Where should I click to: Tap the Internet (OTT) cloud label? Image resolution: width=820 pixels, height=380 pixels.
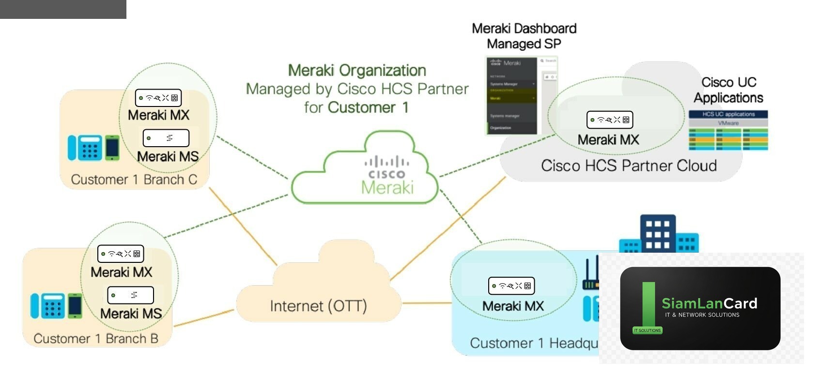[x=318, y=306]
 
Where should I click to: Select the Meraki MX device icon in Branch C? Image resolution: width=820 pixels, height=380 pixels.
[x=158, y=98]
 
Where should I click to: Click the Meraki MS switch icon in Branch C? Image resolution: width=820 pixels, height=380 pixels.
[x=166, y=138]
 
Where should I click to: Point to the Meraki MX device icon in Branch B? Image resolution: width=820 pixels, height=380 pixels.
[x=121, y=254]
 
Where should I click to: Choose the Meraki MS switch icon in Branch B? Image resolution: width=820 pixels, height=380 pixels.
[x=130, y=295]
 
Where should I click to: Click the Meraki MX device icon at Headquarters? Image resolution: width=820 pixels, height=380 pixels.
[x=511, y=286]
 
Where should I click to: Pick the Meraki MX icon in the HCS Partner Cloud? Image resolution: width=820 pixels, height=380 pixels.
[x=609, y=120]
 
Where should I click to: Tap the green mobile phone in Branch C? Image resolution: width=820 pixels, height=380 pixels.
[x=112, y=147]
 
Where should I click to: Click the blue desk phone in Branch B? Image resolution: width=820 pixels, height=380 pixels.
[x=52, y=306]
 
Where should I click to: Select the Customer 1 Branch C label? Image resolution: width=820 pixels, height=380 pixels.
[x=134, y=180]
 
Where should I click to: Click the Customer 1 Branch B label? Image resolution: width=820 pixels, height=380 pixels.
[x=96, y=338]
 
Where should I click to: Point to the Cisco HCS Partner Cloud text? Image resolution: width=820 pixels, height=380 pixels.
[x=629, y=166]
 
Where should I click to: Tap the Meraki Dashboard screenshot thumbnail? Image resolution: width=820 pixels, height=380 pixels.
[x=521, y=95]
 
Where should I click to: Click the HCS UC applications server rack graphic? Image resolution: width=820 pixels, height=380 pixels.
[x=728, y=131]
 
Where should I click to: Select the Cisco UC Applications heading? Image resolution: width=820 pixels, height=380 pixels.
[x=728, y=90]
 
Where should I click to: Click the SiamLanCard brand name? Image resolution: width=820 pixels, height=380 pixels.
[x=709, y=304]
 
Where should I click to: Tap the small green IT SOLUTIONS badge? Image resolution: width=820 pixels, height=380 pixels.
[x=647, y=330]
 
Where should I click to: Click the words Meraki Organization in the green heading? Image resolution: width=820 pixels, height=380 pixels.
[x=357, y=71]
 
